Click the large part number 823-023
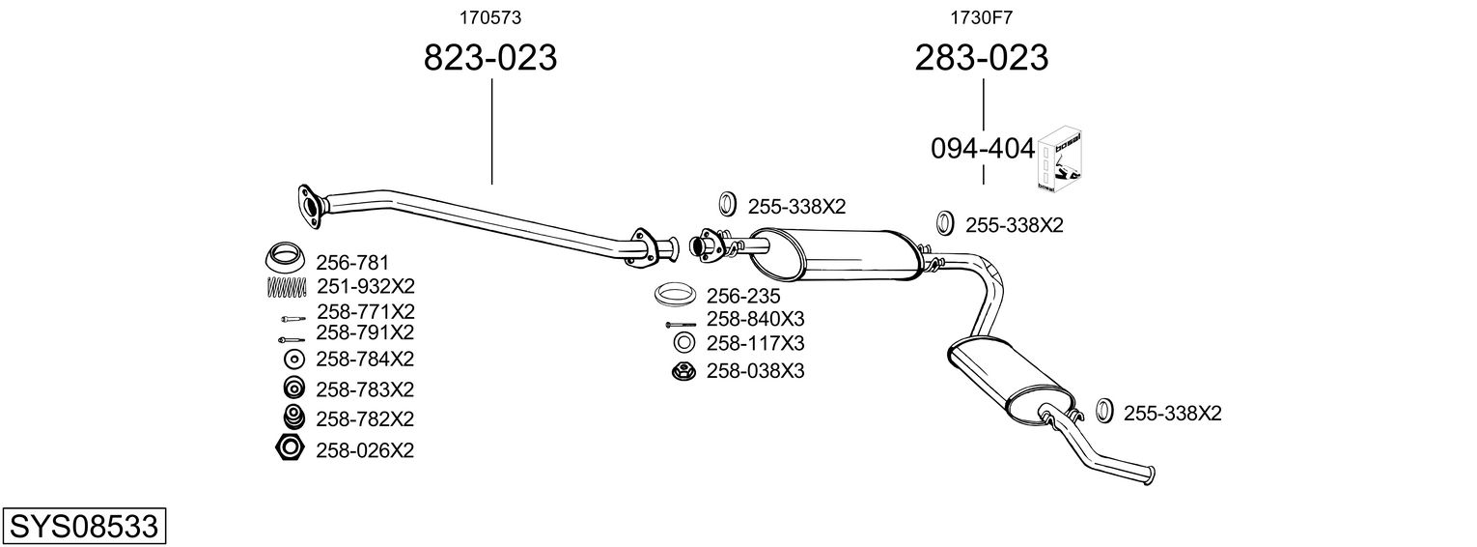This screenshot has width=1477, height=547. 490,58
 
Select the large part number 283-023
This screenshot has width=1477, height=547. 981,58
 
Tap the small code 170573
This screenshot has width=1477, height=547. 482,16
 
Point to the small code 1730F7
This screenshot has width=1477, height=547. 981,16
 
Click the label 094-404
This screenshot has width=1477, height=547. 983,149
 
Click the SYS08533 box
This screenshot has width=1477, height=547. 83,526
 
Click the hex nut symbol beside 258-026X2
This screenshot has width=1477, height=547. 289,448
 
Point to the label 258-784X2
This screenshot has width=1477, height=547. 365,360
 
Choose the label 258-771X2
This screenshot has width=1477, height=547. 365,311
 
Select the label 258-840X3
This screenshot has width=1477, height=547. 755,319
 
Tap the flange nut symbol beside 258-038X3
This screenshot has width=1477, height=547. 683,371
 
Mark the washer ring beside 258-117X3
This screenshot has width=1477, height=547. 683,343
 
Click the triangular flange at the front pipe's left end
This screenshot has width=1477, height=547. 310,206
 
